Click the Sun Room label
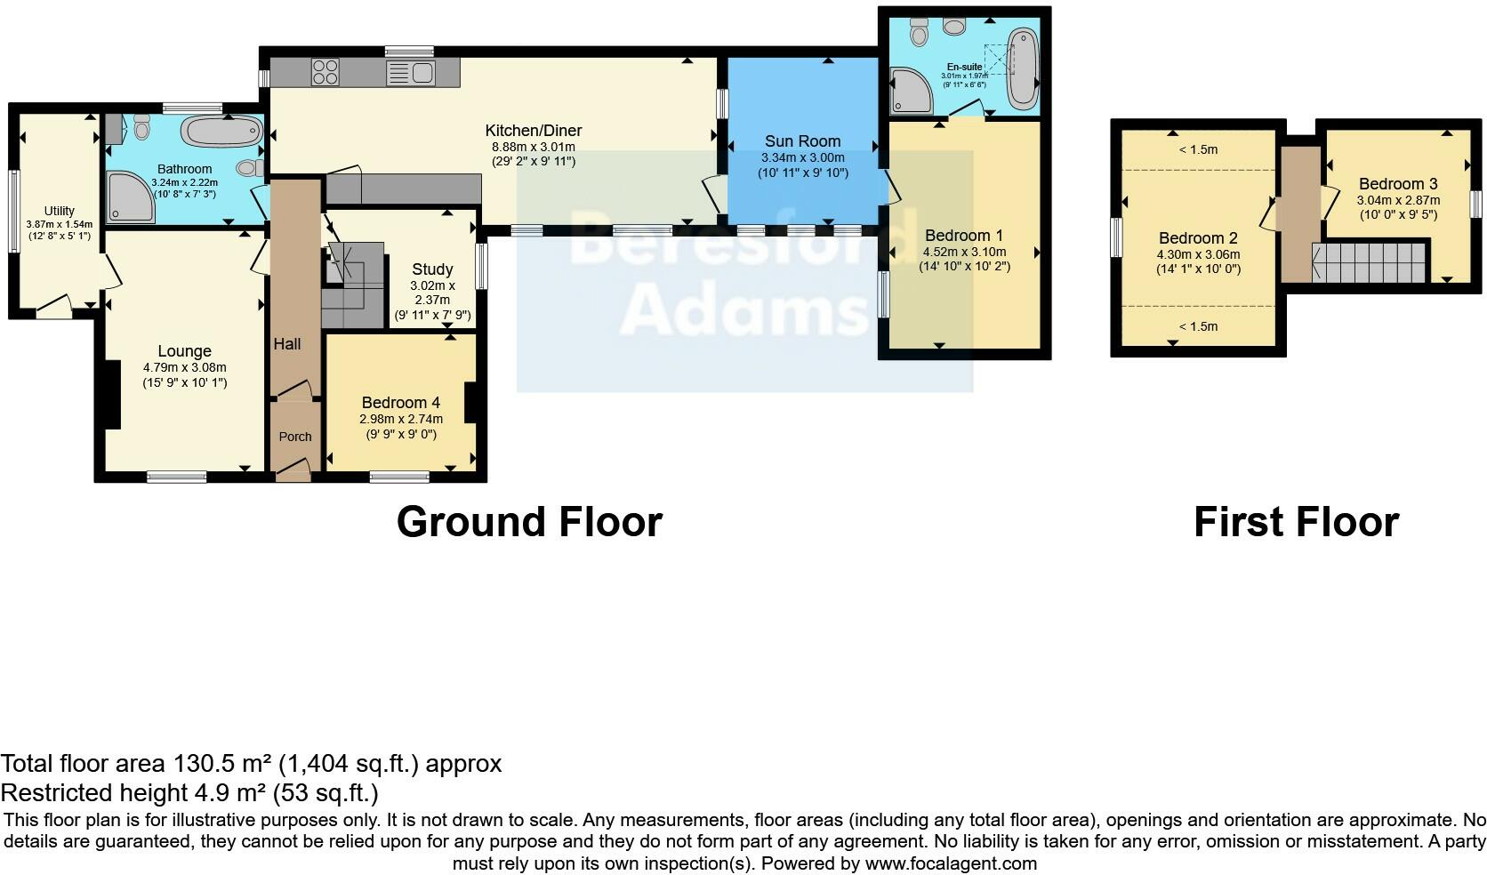pos(802,140)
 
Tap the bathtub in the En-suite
pos(1024,69)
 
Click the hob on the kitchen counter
pos(326,72)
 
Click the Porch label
pos(295,437)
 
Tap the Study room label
pos(432,269)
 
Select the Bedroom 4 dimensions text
pos(400,426)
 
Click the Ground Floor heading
pos(529,522)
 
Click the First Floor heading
pos(1296,522)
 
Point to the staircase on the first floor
pos(1370,263)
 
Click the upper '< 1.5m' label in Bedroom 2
pos(1198,149)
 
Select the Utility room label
pos(60,211)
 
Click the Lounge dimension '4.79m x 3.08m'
pos(184,367)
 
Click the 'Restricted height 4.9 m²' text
pos(189,792)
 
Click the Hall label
pos(287,344)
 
